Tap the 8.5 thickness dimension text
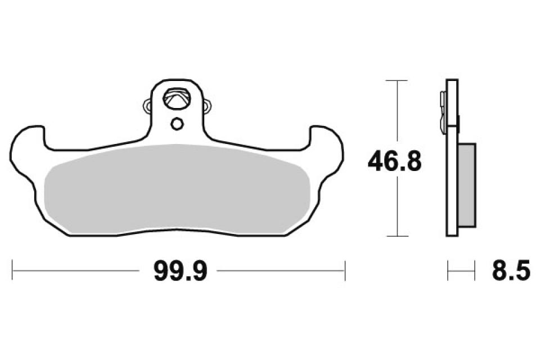510,272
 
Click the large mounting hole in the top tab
177,100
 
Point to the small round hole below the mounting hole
177,123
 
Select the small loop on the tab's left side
148,105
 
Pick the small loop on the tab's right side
206,105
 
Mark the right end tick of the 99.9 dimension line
345,271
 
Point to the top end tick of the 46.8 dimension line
398,81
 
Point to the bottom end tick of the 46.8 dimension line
398,236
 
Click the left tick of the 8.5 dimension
448,271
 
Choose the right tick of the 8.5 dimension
475,271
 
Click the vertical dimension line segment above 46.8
398,112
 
